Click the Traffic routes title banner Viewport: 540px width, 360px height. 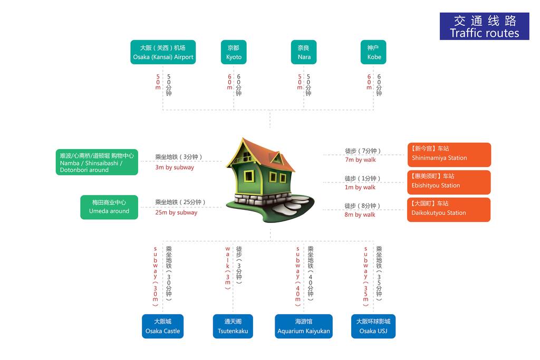click(x=484, y=26)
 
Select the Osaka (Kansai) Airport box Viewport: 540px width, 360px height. click(x=163, y=52)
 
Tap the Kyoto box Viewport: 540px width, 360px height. click(x=234, y=52)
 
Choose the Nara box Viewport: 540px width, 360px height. click(x=304, y=52)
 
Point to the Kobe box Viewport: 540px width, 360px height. click(x=373, y=52)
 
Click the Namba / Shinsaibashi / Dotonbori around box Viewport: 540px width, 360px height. click(x=97, y=162)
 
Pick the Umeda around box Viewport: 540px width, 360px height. click(x=109, y=207)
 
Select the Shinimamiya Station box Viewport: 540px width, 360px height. click(x=449, y=154)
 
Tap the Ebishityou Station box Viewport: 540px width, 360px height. click(x=449, y=182)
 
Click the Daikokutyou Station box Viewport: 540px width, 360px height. click(x=449, y=210)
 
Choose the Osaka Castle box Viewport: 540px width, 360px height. click(x=162, y=326)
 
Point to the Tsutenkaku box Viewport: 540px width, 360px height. click(x=233, y=326)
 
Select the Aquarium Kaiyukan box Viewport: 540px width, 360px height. click(x=304, y=326)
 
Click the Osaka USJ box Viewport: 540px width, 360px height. click(x=373, y=326)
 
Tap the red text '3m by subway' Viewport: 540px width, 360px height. click(x=175, y=168)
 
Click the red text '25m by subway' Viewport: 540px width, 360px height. click(x=176, y=213)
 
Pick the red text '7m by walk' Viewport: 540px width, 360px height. click(x=361, y=160)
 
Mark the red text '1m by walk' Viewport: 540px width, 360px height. click(x=360, y=188)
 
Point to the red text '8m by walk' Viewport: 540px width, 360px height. click(x=360, y=215)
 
